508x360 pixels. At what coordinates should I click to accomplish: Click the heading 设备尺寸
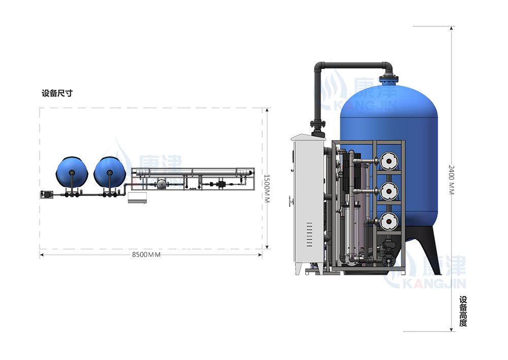[x=57, y=93]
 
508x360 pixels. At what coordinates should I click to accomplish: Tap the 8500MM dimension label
[x=146, y=255]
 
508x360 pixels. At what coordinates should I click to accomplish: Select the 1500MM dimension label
[x=267, y=189]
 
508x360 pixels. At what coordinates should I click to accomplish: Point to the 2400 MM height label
[x=452, y=180]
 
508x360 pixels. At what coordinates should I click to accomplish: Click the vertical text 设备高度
[x=463, y=311]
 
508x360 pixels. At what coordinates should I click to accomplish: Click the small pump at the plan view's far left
[x=47, y=194]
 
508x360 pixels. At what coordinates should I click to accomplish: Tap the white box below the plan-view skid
[x=137, y=198]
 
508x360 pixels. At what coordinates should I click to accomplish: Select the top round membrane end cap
[x=388, y=161]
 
